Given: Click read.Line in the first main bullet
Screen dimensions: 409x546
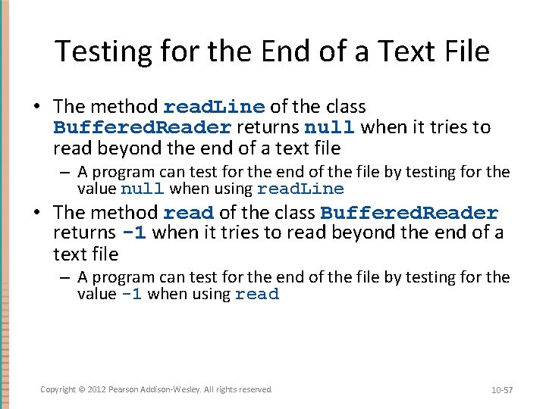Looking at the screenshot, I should click(214, 107).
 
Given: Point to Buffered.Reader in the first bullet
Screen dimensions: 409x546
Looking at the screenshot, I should click(142, 127).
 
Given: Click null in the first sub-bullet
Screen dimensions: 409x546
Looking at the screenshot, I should click(143, 189).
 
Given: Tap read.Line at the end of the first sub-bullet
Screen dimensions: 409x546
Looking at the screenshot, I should click(300, 189).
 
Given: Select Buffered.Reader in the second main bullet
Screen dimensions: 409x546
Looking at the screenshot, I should click(409, 213).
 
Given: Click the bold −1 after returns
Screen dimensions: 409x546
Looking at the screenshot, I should click(133, 233).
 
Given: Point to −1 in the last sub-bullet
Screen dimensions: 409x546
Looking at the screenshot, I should click(130, 295).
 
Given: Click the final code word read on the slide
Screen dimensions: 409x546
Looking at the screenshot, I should click(257, 295).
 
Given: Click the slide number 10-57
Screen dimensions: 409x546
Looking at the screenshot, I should click(502, 389).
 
